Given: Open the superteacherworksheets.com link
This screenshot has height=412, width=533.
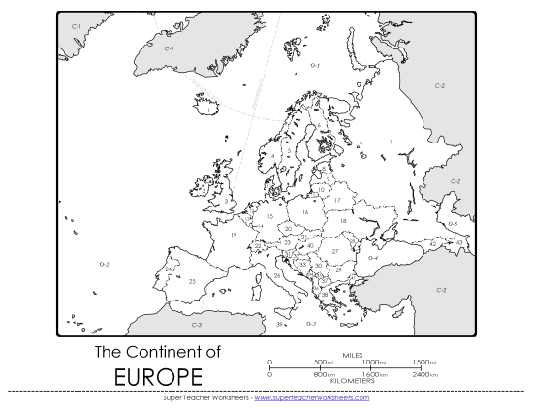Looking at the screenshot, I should [311, 397].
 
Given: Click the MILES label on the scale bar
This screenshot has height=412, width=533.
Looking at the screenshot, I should [353, 355].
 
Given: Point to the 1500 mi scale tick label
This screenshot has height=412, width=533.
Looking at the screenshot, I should [423, 362].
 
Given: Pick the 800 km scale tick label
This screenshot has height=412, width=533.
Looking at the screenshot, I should [324, 374].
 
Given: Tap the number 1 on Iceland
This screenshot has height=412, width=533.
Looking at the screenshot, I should [207, 110].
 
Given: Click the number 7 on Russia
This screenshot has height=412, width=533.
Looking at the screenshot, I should [391, 142].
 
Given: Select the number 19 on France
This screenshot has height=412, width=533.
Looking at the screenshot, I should [234, 236].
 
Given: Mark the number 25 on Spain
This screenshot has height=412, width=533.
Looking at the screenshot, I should [192, 281].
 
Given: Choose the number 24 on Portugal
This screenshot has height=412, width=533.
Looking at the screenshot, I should [169, 269].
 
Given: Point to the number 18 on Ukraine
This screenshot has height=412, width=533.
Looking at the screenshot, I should [343, 221].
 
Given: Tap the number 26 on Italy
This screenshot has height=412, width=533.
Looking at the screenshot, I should [276, 275].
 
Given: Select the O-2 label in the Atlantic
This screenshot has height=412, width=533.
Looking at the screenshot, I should [104, 264].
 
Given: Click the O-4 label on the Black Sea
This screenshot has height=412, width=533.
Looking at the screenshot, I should [372, 258].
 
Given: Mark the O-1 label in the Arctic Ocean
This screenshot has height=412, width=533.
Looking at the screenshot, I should [315, 65].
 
